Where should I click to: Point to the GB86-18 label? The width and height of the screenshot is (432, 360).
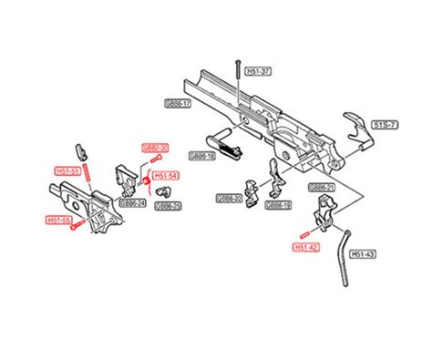click(x=202, y=157)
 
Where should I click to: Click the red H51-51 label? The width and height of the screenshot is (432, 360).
click(x=68, y=170)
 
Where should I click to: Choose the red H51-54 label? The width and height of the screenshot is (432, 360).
click(x=165, y=177)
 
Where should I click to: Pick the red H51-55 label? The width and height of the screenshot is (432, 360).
click(x=59, y=220)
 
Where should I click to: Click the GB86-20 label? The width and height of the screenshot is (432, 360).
click(x=229, y=198)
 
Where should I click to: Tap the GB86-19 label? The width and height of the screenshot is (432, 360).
click(x=278, y=206)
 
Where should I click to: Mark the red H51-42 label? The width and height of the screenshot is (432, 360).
click(x=305, y=247)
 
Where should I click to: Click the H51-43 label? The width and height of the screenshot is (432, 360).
click(x=363, y=253)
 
